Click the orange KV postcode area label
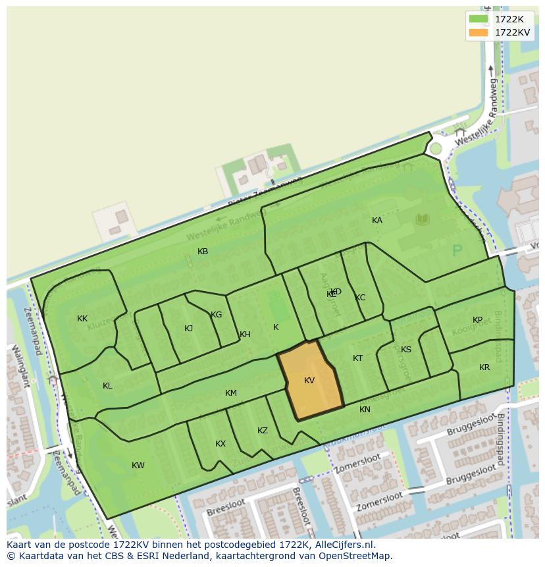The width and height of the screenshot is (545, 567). point(309,381)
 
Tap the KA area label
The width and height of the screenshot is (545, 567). point(377,221)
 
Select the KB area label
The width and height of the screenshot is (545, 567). point(203,252)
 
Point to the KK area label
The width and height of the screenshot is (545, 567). point(82,319)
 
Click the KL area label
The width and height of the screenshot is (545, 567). point(107,386)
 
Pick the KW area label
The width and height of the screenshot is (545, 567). point(138,466)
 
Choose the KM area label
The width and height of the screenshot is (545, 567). point(230,393)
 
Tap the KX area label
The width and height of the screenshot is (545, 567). point(221,444)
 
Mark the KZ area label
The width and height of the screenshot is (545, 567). point(263,431)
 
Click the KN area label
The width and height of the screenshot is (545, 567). point(365,410)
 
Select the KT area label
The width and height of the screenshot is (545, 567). point(357,358)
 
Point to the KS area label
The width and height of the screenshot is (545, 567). point(406,350)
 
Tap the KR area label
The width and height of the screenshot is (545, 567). point(484,367)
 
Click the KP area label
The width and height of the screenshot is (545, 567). point(477,320)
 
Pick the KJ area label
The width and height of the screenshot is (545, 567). point(189,329)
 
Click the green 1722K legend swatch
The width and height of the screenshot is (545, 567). point(479,19)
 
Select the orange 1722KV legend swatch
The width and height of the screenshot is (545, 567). point(479,32)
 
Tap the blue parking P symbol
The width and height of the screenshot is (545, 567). point(457,251)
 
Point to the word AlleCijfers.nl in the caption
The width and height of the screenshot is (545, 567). point(343,545)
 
